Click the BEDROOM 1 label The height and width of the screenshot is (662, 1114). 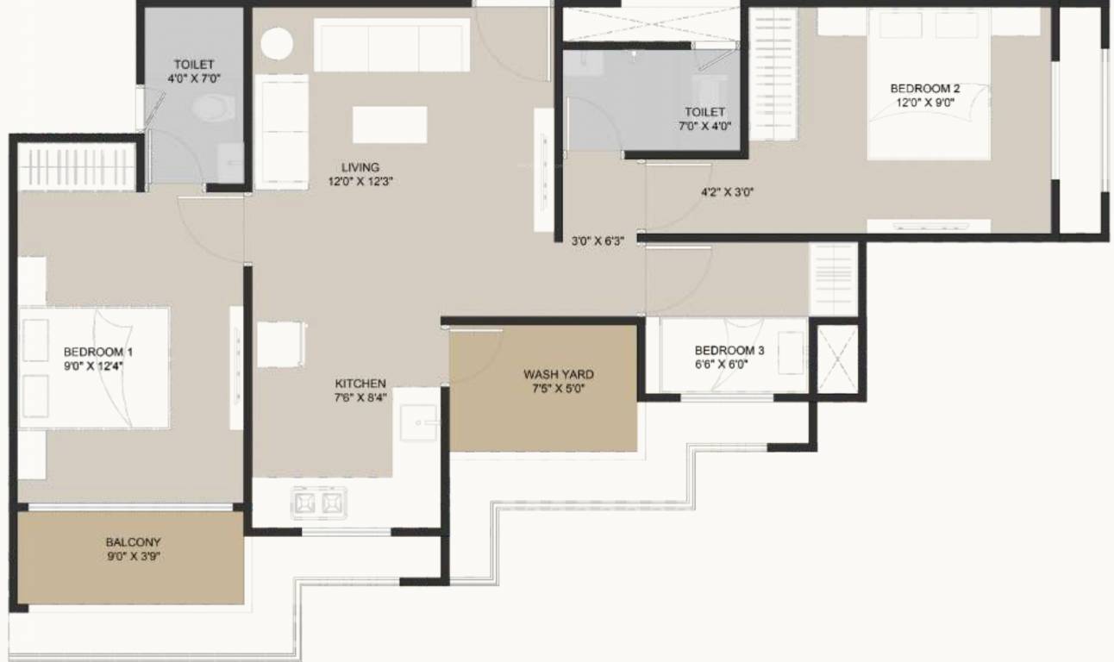98,352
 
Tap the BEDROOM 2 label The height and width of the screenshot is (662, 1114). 925,88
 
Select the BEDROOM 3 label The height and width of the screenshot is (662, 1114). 729,350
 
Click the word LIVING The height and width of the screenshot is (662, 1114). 360,167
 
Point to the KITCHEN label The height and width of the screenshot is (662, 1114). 360,383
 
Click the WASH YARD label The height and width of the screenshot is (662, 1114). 558,374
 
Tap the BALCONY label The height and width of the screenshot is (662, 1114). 133,542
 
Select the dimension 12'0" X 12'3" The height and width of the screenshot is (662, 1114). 360,181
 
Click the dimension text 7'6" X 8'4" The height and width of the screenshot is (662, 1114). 360,397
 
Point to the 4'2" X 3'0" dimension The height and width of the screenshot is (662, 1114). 729,192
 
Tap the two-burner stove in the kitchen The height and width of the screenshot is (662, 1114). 318,502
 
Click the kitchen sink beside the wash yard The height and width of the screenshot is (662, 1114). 420,422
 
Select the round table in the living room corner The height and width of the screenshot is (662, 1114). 278,43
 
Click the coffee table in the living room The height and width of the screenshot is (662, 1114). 390,125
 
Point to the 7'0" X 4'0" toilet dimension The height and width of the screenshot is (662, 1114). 704,126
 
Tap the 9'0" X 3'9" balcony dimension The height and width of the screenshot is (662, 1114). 133,556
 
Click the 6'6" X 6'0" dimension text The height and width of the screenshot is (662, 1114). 729,364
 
